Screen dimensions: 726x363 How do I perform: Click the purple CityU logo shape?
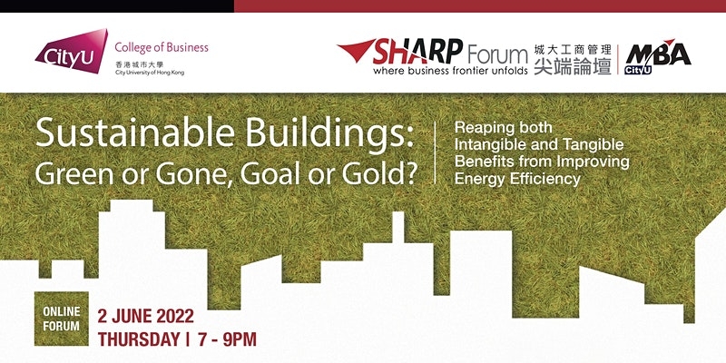click(x=72, y=52)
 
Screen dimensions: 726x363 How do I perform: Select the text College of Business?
click(x=162, y=47)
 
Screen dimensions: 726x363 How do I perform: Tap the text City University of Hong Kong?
click(x=150, y=73)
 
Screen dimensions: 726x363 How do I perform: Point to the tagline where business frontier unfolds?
click(x=450, y=71)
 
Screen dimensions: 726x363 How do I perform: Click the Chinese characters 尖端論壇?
click(x=573, y=66)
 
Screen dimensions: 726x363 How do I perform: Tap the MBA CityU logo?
click(x=657, y=56)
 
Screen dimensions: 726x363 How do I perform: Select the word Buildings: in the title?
click(x=329, y=134)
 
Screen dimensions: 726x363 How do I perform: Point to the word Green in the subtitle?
click(x=69, y=173)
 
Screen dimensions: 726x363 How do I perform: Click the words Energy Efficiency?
click(x=517, y=178)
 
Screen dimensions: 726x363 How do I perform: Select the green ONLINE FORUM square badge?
click(x=62, y=319)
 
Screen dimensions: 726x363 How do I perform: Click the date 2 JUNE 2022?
click(x=145, y=318)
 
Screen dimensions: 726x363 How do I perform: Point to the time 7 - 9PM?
click(x=226, y=339)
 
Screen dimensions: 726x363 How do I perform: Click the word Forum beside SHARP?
click(x=497, y=54)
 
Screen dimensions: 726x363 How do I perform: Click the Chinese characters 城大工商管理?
click(x=573, y=49)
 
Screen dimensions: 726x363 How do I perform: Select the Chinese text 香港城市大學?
click(x=140, y=64)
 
